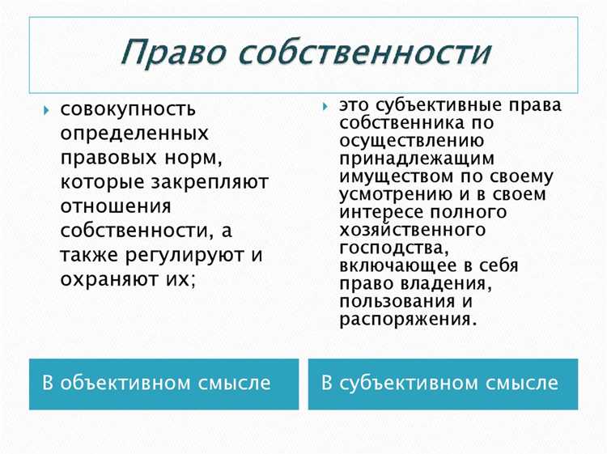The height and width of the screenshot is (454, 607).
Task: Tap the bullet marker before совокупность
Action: click(x=46, y=108)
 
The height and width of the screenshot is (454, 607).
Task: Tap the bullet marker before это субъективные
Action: click(x=324, y=106)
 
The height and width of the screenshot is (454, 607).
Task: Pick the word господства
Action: click(x=387, y=247)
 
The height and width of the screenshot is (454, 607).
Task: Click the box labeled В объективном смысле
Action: click(x=163, y=382)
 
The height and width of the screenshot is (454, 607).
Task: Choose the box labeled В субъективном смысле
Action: click(x=444, y=382)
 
